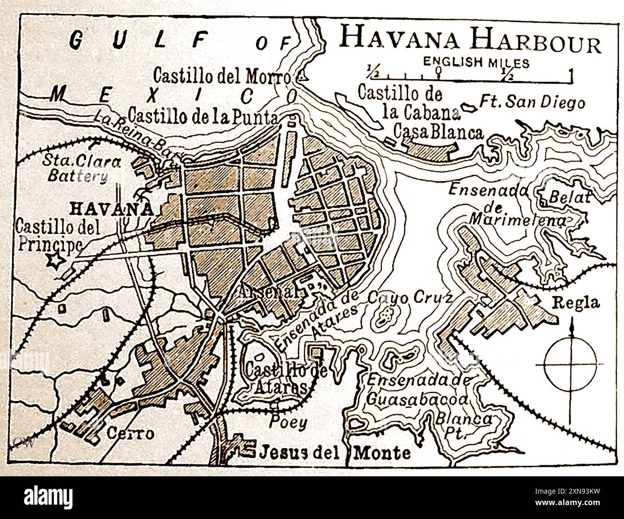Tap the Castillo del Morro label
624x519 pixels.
pyautogui.click(x=222, y=75)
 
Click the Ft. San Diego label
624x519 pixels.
pyautogui.click(x=532, y=102)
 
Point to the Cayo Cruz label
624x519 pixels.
pyautogui.click(x=409, y=298)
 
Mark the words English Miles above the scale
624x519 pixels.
pyautogui.click(x=476, y=62)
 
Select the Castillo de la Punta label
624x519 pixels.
pyautogui.click(x=203, y=116)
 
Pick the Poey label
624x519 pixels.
pyautogui.click(x=288, y=422)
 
